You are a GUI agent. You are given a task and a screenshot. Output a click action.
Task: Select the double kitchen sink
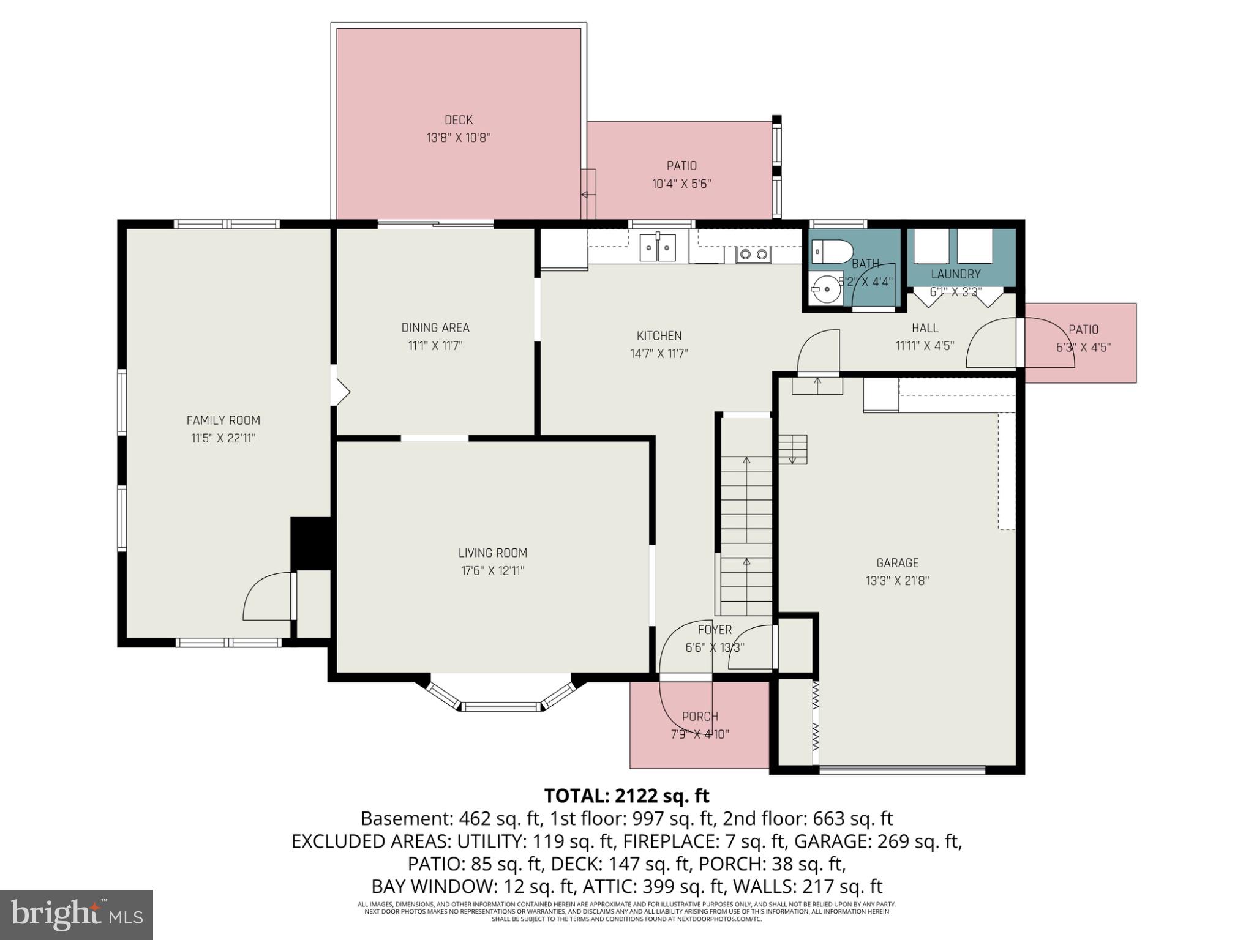658,248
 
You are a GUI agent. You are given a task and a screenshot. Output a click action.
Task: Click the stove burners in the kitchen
753,254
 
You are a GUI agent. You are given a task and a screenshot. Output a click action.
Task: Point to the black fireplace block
311,543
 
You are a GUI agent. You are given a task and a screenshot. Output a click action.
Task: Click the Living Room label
492,553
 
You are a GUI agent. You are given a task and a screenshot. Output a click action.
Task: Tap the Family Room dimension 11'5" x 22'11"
223,438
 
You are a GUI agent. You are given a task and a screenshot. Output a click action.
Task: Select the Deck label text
459,120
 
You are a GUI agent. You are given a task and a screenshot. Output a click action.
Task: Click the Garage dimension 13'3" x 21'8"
897,581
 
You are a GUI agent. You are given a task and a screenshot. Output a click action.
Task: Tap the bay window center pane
501,707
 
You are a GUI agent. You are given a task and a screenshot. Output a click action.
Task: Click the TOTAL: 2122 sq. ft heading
626,796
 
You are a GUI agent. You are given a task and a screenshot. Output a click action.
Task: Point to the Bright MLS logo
77,914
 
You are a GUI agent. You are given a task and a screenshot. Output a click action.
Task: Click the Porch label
700,717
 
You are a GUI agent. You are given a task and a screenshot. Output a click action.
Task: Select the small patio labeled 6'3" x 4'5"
1083,347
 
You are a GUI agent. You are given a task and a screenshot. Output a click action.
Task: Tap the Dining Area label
435,328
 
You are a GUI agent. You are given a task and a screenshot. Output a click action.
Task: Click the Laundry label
955,274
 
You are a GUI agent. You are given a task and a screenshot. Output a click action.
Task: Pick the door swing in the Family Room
268,597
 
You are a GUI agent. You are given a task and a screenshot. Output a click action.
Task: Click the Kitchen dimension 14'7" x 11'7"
659,354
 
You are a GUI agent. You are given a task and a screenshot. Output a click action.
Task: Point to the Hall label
925,328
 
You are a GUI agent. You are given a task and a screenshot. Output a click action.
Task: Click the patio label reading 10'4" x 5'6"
681,184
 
